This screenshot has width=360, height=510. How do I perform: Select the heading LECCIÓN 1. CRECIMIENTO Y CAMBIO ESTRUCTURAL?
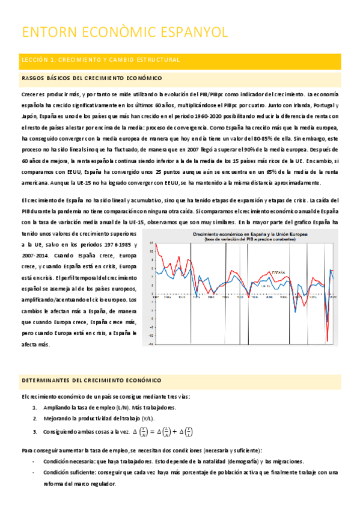[100, 60]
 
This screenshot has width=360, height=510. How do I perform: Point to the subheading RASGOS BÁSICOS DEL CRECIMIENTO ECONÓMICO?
[91, 78]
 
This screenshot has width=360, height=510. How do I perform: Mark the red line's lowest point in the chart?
[326, 341]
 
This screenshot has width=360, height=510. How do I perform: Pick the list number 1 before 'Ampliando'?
[35, 408]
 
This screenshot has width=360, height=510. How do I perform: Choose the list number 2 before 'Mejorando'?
[35, 418]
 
